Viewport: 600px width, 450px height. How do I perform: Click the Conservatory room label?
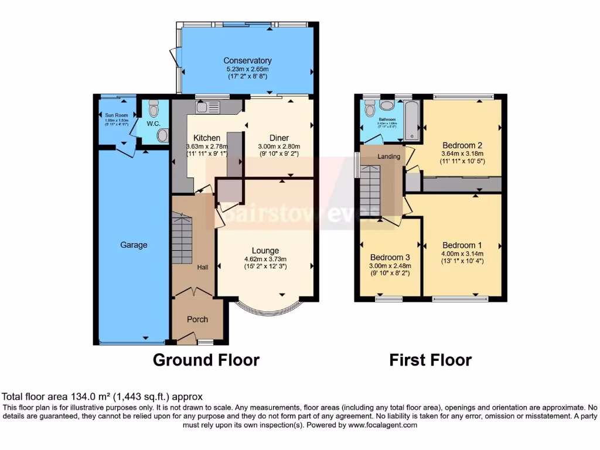pyautogui.click(x=247, y=60)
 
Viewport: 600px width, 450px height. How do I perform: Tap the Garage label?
pyautogui.click(x=134, y=245)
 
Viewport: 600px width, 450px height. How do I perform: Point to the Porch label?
pyautogui.click(x=197, y=319)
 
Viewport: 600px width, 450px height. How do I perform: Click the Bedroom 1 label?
pyautogui.click(x=462, y=245)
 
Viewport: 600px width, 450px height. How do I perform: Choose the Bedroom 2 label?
pyautogui.click(x=462, y=145)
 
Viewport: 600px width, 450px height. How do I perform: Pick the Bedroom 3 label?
pyautogui.click(x=390, y=257)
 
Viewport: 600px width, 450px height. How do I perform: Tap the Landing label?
pyautogui.click(x=388, y=156)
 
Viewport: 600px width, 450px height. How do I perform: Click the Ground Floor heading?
pyautogui.click(x=206, y=360)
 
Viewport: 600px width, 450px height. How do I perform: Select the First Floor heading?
pyautogui.click(x=431, y=360)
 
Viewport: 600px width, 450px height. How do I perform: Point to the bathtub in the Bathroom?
pyautogui.click(x=411, y=120)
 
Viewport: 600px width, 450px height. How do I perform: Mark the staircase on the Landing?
pyautogui.click(x=370, y=190)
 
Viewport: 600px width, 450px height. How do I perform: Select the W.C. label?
pyautogui.click(x=154, y=124)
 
